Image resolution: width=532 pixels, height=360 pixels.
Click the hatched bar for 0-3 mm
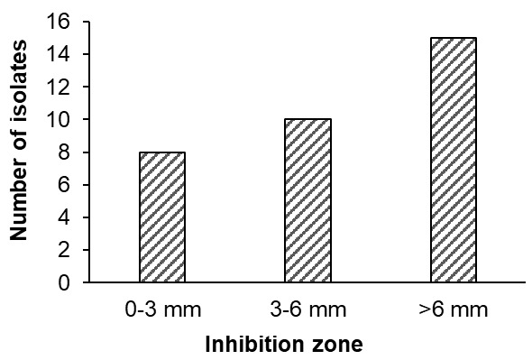coord(161,217)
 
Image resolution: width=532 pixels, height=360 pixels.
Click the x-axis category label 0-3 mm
coord(161,311)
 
